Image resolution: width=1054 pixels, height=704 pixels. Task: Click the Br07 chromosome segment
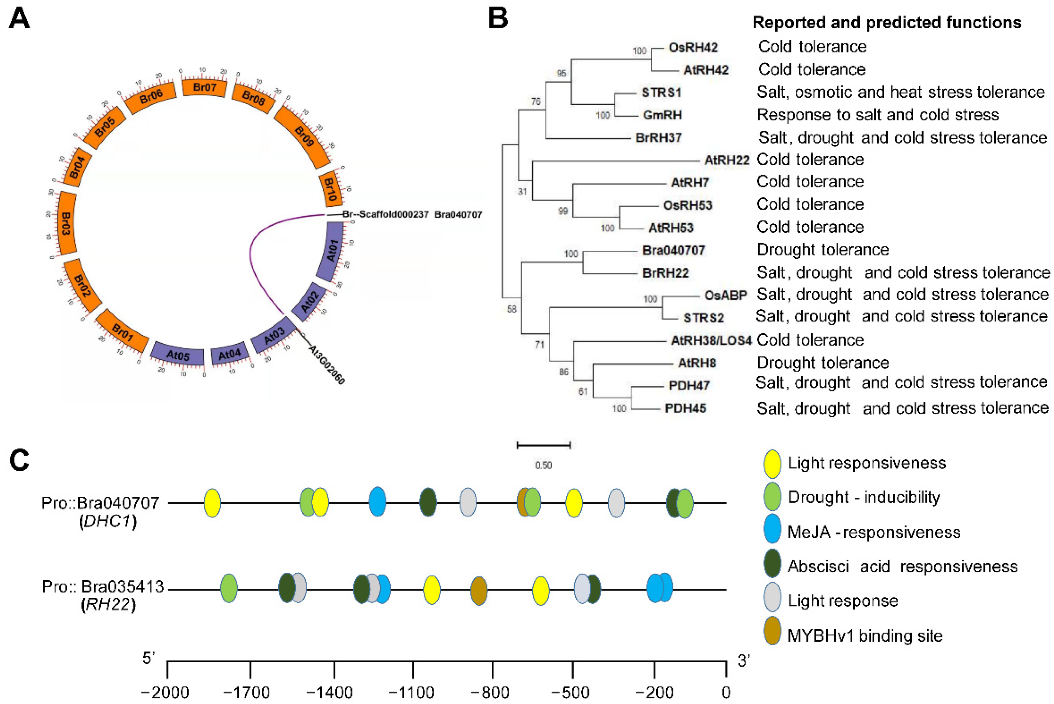205,87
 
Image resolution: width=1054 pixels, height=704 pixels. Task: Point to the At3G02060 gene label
327,364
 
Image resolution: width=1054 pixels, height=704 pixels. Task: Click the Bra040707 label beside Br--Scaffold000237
458,215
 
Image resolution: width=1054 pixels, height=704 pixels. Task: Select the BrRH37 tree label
658,137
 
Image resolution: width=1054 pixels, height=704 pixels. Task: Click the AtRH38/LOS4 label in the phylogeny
711,340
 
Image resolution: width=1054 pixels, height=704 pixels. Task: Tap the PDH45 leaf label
685,408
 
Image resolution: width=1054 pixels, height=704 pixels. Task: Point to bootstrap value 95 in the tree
561,73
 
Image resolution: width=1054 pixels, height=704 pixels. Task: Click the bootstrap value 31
522,192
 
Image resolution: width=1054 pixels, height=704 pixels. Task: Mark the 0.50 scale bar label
543,465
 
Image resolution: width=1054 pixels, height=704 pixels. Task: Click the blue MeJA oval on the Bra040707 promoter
377,502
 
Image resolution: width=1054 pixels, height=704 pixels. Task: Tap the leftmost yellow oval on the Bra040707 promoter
212,503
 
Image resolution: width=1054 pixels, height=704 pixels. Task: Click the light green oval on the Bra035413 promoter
229,588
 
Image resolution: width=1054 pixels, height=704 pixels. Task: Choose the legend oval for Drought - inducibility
772,497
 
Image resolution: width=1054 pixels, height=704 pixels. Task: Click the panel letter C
19,460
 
